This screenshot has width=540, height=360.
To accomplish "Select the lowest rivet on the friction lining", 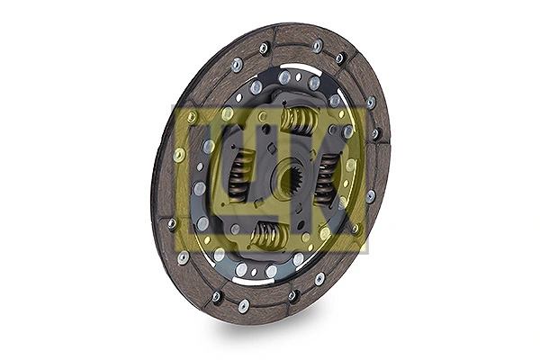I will (243, 306).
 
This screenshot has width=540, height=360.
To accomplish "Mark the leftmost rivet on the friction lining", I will (171, 223).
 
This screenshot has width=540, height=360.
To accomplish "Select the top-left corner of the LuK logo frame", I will (174, 106).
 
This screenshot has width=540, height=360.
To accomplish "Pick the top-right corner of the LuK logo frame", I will (366, 106).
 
